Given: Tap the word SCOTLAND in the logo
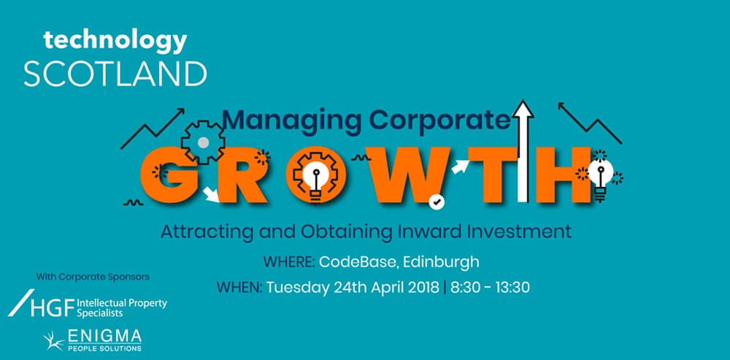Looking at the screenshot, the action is point(115,74).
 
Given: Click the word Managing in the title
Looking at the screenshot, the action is point(292,120).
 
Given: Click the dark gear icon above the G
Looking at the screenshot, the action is point(202,142).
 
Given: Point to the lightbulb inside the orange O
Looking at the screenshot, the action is point(316,182).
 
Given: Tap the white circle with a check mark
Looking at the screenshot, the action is point(437,202).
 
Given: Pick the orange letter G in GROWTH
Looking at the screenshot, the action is point(169,175).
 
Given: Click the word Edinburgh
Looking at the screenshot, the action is point(441,262).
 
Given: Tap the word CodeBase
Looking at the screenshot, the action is point(359,261).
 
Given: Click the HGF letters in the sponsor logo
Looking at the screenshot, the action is point(52,308).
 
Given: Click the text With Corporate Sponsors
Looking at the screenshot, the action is point(93,277).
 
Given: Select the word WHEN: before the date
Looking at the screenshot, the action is point(239,288).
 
